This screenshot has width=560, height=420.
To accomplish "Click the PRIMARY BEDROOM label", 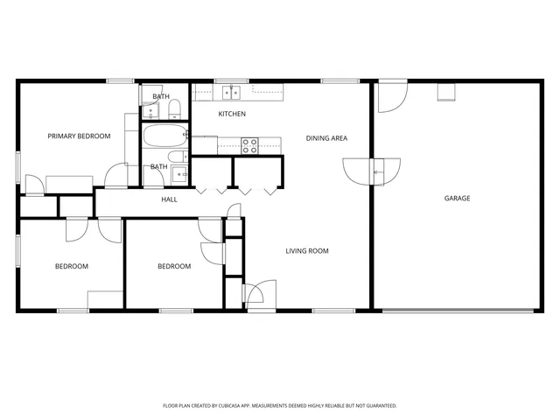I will point(79,136).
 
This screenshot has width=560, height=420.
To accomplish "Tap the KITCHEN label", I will point(231,114).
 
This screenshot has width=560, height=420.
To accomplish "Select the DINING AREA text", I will point(327,138).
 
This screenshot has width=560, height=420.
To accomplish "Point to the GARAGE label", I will point(457,199).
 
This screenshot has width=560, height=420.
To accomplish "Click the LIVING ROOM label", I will point(306,251).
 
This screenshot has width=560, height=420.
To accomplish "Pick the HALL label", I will point(169,199).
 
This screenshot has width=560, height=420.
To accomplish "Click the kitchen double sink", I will point(232,91).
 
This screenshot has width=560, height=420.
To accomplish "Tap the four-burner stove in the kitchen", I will point(249,145).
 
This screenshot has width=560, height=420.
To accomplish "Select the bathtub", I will point(164,136).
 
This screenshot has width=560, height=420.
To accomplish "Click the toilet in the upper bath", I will point(174,108).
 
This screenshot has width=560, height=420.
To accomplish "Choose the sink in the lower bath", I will point(182,174).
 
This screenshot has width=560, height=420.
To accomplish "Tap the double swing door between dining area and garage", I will point(372,171).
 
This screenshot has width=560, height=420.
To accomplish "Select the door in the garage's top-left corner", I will point(390,97).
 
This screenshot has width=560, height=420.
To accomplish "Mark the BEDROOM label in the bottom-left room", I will point(72,266).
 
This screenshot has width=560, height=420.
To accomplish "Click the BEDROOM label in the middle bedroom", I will point(173,266).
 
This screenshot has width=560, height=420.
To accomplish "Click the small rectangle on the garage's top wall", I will point(447,92).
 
